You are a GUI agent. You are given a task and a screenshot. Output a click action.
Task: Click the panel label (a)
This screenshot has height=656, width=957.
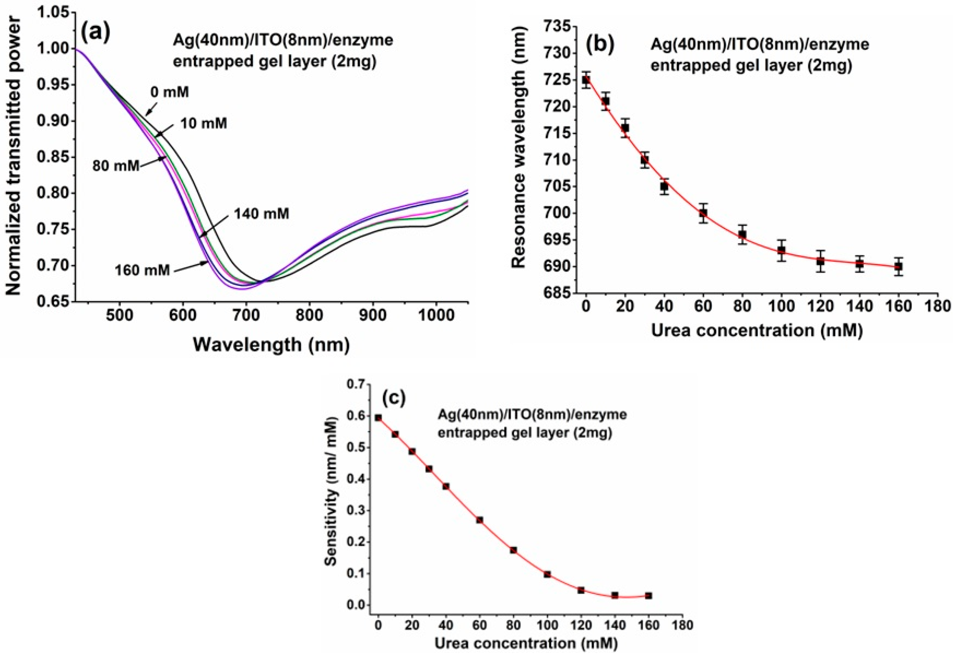tap(96, 33)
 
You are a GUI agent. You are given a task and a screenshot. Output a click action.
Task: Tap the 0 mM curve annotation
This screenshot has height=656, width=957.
tap(170, 92)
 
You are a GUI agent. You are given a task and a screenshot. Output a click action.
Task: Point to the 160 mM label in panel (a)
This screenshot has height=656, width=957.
tap(142, 271)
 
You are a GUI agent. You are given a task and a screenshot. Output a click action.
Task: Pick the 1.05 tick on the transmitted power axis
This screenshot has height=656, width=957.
tap(53, 13)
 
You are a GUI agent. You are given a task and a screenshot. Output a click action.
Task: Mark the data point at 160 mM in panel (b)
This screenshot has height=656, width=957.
tap(898, 267)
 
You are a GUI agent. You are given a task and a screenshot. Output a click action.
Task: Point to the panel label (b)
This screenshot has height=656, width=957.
tap(600, 45)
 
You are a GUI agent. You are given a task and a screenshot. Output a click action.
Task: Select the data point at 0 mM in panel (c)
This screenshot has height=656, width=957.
tap(378, 418)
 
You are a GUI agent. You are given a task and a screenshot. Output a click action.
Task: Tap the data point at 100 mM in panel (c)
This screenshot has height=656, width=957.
tap(547, 574)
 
